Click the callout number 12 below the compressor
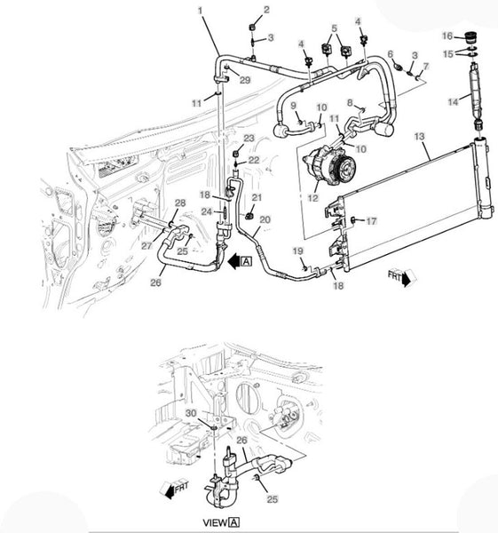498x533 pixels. click(x=312, y=197)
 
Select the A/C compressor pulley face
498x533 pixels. click(x=344, y=168)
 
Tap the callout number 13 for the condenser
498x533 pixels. click(x=420, y=137)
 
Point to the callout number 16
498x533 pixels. click(x=447, y=36)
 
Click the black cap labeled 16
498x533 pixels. click(x=470, y=36)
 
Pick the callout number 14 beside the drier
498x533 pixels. click(x=453, y=101)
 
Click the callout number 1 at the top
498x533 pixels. click(x=200, y=11)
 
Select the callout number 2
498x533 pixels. click(x=266, y=10)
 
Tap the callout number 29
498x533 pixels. click(x=245, y=80)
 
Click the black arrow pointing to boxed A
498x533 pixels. click(x=234, y=262)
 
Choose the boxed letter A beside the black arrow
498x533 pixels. click(x=246, y=261)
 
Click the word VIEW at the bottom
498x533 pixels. click(x=215, y=522)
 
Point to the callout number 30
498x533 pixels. click(x=191, y=413)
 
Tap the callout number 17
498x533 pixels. click(x=371, y=221)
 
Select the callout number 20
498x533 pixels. click(x=265, y=220)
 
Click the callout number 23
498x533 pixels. click(x=249, y=139)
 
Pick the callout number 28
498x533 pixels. click(x=180, y=203)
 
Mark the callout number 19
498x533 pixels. click(x=298, y=251)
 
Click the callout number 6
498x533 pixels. click(x=391, y=53)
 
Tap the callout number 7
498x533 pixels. click(x=425, y=66)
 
